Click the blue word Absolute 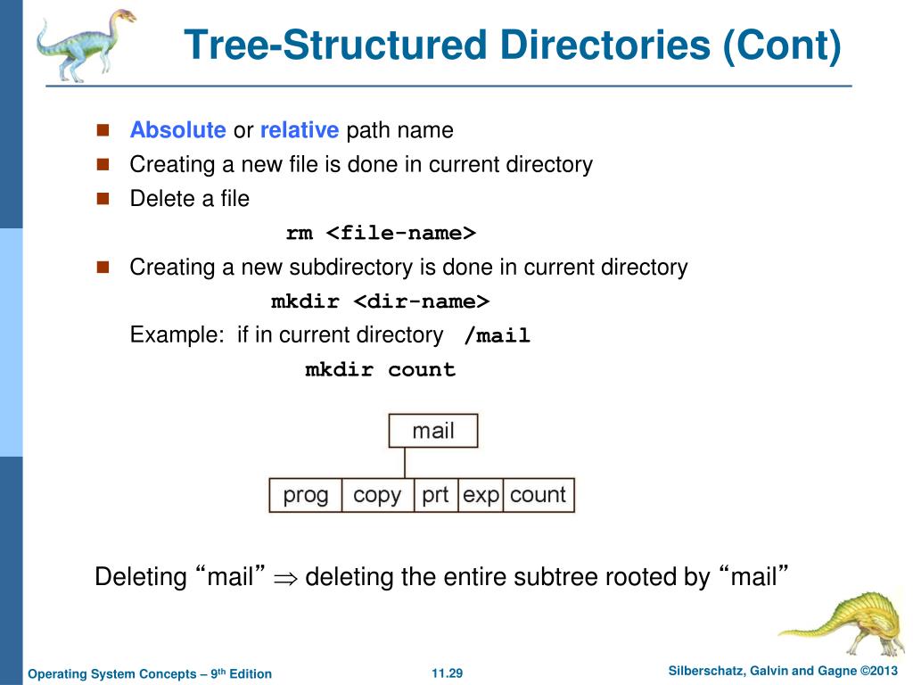click(177, 130)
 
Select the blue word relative click(300, 130)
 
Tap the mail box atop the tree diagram click(433, 431)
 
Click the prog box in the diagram click(306, 495)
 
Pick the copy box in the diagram click(377, 495)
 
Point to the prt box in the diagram click(436, 495)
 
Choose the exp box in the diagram click(481, 495)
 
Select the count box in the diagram click(539, 495)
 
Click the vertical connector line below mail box click(405, 463)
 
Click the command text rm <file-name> click(381, 233)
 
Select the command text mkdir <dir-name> click(381, 301)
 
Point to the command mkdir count click(381, 369)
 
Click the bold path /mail click(498, 336)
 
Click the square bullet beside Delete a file click(102, 198)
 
